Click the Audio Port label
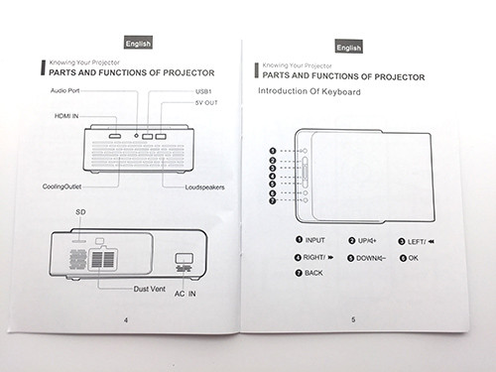pyautogui.click(x=64, y=90)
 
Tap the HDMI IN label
pyautogui.click(x=66, y=116)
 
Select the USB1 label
pyautogui.click(x=203, y=91)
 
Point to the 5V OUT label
pyautogui.click(x=206, y=103)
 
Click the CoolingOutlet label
pyautogui.click(x=62, y=186)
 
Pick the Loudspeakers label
pyautogui.click(x=204, y=187)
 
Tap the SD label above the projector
pyautogui.click(x=80, y=212)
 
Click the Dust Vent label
pyautogui.click(x=150, y=289)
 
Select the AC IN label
pyautogui.click(x=186, y=294)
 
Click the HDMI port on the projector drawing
pyautogui.click(x=115, y=136)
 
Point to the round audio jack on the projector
pyautogui.click(x=136, y=136)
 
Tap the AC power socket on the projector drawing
pyautogui.click(x=185, y=258)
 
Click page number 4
pyautogui.click(x=126, y=320)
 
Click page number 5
pyautogui.click(x=353, y=319)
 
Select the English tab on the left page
pyautogui.click(x=138, y=43)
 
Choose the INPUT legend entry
pyautogui.click(x=310, y=240)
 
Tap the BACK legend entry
pyautogui.click(x=309, y=273)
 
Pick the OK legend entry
pyautogui.click(x=409, y=258)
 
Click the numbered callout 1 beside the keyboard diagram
pyautogui.click(x=273, y=151)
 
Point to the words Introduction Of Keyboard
pyautogui.click(x=310, y=91)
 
